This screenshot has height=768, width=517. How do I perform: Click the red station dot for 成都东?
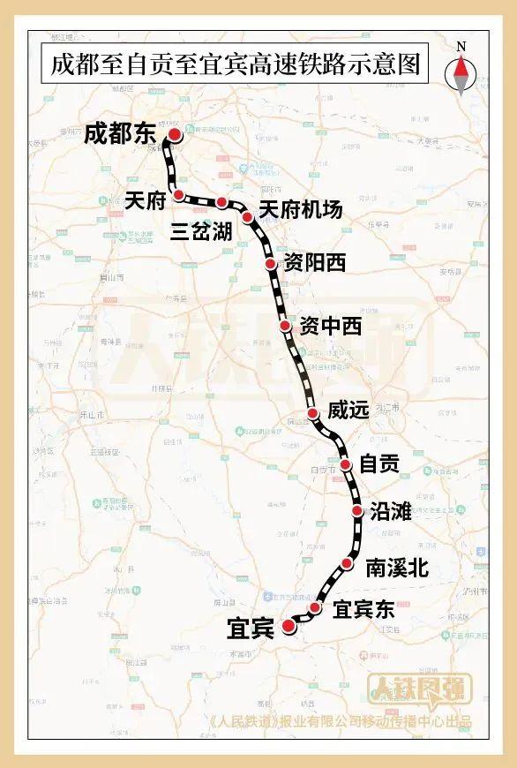[x=175, y=135]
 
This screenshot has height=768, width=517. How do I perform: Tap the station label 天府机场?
[x=300, y=209]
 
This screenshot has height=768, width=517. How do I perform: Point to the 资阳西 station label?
[x=314, y=263]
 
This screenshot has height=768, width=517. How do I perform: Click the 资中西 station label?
[x=331, y=327]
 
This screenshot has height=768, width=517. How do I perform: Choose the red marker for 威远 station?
[x=312, y=413]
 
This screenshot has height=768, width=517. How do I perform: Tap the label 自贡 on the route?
[x=379, y=463]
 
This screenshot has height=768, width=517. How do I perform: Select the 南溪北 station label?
[x=396, y=568]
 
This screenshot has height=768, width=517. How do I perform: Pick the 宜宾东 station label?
[x=364, y=609]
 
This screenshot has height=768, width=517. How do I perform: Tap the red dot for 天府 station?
[x=179, y=194]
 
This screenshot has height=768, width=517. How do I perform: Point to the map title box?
[x=232, y=65]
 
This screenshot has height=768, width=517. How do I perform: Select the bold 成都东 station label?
[x=120, y=135]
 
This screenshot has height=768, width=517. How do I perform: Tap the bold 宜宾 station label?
[x=250, y=628]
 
